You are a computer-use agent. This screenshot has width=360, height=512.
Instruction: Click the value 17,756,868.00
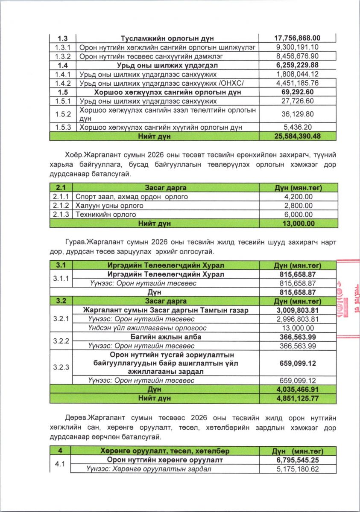297,38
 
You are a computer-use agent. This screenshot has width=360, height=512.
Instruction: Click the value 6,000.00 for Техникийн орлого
297,214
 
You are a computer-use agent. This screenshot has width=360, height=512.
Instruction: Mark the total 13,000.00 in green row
297,223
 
